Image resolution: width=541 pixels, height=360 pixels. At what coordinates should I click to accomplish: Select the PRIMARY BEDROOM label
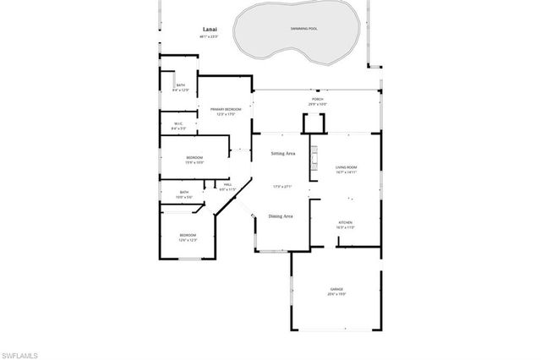pos(226,110)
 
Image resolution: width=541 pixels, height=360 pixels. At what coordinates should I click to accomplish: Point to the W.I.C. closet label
pos(179,124)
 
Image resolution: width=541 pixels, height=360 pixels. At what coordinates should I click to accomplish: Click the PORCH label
pos(317,100)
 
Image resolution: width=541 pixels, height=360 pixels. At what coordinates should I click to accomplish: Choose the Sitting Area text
pos(282,154)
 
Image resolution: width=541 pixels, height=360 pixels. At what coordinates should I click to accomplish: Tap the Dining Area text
pos(281,216)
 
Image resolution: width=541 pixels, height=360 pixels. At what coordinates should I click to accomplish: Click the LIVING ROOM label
pos(346,168)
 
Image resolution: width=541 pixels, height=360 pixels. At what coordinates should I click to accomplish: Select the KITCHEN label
pos(346,223)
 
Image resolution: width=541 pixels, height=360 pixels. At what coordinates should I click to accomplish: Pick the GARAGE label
pos(336,289)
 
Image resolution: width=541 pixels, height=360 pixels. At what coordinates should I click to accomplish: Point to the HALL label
pos(227,184)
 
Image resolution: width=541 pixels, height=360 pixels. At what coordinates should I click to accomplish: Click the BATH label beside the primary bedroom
pos(180,85)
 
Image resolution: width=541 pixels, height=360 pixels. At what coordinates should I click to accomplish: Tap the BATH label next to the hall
pos(185,193)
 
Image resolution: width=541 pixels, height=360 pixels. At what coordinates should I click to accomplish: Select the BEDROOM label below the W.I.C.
pos(195,158)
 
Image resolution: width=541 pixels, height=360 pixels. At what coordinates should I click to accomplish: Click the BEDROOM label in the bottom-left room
pos(187,235)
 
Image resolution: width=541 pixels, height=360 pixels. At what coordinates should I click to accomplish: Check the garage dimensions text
pos(336,294)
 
